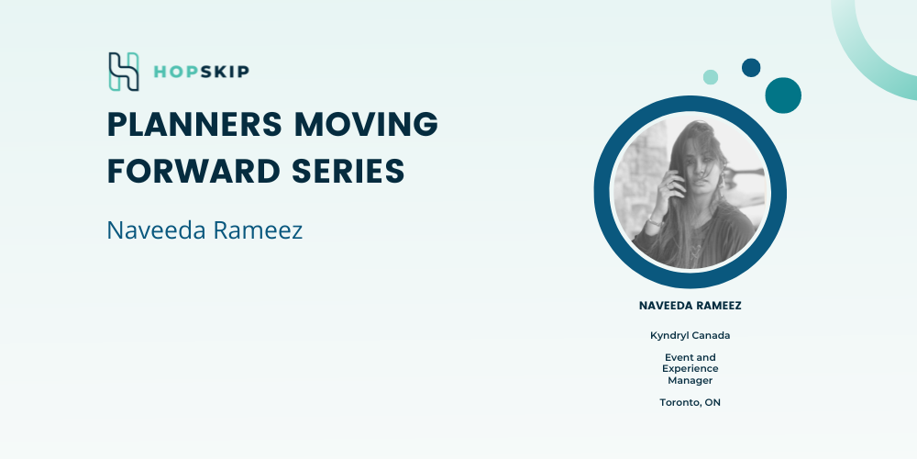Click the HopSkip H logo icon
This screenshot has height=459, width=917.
point(124,72)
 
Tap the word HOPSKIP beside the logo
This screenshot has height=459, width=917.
point(201,72)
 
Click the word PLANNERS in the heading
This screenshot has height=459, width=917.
point(195,124)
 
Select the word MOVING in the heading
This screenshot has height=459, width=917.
point(366,124)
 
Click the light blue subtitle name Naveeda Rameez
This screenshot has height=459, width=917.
point(204,230)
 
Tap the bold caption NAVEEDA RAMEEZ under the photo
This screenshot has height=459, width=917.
point(691,306)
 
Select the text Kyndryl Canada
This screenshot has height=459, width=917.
point(691,336)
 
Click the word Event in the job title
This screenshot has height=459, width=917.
point(676,357)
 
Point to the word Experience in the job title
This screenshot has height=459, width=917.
point(691,369)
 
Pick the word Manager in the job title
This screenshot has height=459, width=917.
point(691,381)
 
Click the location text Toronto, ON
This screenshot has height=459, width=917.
point(691,403)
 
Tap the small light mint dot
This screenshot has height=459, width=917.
point(711,77)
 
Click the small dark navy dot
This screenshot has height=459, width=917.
point(751,67)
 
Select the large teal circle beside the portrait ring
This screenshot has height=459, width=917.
point(783,95)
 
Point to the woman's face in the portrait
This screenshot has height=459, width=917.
point(704,163)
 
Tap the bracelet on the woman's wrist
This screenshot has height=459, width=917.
point(656,220)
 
